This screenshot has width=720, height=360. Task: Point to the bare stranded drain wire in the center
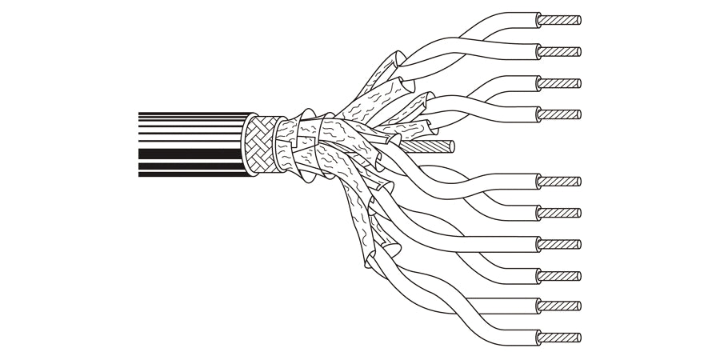[436, 147]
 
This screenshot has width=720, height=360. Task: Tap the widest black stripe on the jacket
[188, 153]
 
